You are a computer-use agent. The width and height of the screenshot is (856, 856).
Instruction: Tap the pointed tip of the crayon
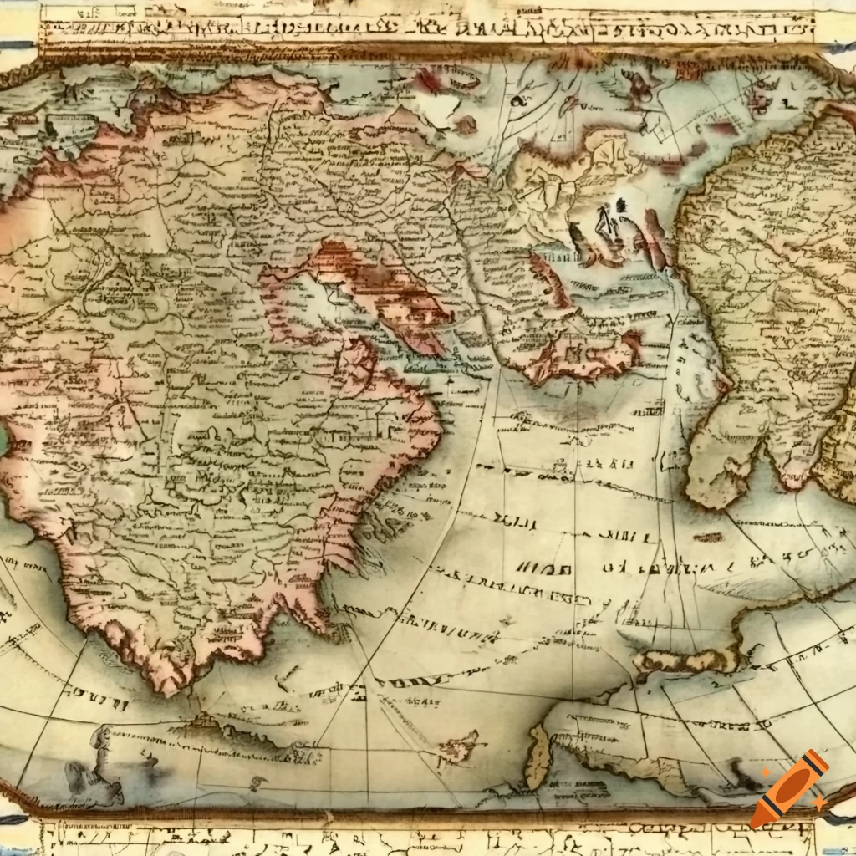pyautogui.click(x=757, y=821)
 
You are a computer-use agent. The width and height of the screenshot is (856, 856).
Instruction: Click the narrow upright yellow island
pyautogui.click(x=538, y=756)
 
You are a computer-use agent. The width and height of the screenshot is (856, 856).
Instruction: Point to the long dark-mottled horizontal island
pyautogui.click(x=685, y=660)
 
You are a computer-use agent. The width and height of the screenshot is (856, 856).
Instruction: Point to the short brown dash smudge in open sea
pyautogui.click(x=708, y=538)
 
